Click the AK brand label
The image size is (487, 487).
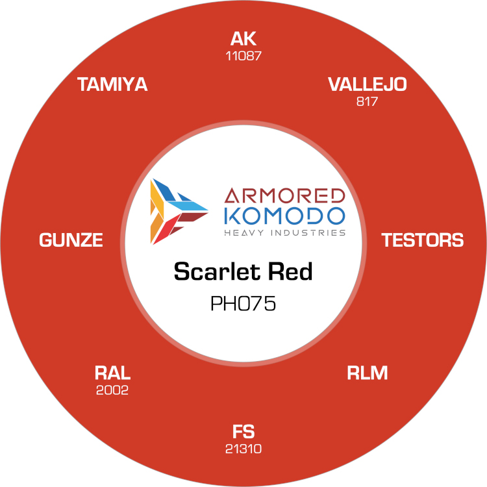[243, 39]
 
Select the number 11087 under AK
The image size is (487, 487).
[243, 56]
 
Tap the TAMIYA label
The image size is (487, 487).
[112, 84]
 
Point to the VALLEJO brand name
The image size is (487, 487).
[367, 84]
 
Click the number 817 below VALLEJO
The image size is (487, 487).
[367, 101]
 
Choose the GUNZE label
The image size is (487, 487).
[71, 240]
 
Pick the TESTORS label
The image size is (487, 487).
[423, 240]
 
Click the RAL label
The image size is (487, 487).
[112, 373]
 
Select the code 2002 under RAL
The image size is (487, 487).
[112, 390]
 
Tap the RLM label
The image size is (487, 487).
[367, 373]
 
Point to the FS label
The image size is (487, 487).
[243, 432]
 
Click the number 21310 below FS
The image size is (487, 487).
[243, 449]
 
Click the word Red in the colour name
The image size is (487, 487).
[290, 271]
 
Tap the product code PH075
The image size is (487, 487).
[243, 303]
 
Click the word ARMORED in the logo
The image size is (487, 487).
[284, 195]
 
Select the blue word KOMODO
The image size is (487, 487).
[284, 216]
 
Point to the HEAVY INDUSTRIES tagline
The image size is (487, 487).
[284, 233]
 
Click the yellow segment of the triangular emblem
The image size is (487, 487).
[157, 198]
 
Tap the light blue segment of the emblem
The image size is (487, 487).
[188, 206]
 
